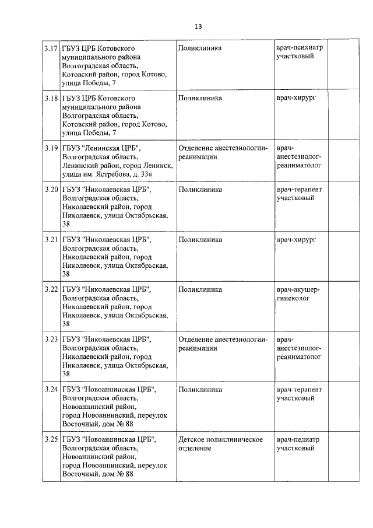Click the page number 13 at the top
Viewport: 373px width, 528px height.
click(198, 27)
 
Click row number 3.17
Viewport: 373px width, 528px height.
click(51, 47)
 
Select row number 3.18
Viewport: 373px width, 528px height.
click(51, 98)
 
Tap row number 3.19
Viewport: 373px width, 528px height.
click(51, 148)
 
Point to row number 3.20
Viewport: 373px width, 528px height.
click(51, 190)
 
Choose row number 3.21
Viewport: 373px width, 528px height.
click(51, 240)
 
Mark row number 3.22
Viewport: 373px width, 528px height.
click(51, 289)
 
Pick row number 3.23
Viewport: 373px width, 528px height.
click(51, 340)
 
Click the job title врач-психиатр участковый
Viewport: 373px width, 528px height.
click(300, 52)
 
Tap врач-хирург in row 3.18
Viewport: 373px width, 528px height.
click(296, 98)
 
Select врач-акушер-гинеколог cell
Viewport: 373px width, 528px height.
click(298, 294)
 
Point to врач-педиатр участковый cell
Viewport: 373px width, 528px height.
click(299, 444)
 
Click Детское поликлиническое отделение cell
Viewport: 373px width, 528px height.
click(220, 444)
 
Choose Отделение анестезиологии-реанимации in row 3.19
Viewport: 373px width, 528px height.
click(223, 152)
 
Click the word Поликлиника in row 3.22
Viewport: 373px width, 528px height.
click(200, 289)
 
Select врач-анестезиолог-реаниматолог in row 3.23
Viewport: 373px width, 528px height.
click(300, 348)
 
